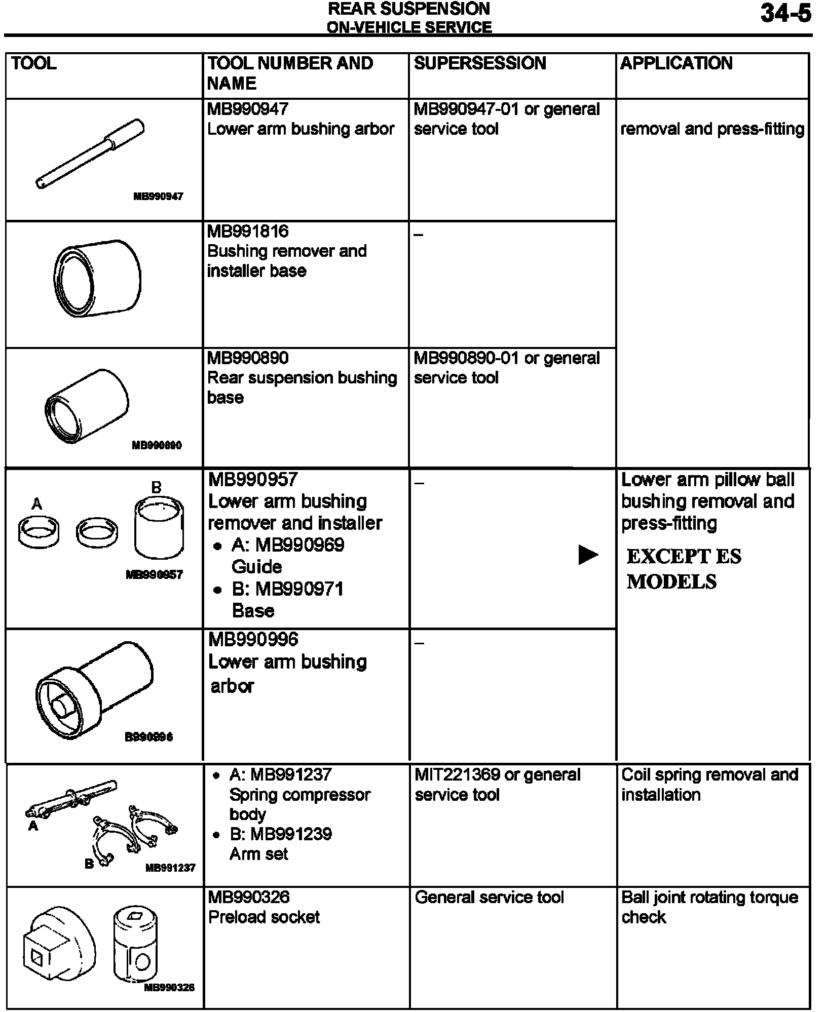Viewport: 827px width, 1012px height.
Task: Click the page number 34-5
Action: (785, 14)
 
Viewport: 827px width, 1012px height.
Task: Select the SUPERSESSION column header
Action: (479, 63)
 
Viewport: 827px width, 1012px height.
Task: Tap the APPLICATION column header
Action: (676, 63)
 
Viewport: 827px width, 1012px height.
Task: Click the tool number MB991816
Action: (248, 231)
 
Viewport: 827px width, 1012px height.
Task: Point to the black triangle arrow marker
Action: (588, 555)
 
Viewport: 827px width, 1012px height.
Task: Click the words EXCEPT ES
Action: (684, 557)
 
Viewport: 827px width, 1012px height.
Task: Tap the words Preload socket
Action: (264, 917)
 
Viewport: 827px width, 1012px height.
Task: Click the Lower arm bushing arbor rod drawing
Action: (90, 154)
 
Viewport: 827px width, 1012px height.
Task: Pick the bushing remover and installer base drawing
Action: (97, 279)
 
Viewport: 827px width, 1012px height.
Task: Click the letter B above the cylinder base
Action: (157, 487)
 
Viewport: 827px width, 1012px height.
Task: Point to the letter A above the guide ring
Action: (36, 504)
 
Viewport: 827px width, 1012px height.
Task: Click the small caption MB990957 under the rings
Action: (154, 574)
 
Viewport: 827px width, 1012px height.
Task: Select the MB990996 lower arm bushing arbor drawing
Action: (95, 690)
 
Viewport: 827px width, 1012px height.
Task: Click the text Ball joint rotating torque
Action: (709, 897)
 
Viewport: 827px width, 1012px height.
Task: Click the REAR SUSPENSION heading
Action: (409, 9)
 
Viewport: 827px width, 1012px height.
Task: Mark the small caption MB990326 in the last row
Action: (169, 987)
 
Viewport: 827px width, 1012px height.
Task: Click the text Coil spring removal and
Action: (709, 774)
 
